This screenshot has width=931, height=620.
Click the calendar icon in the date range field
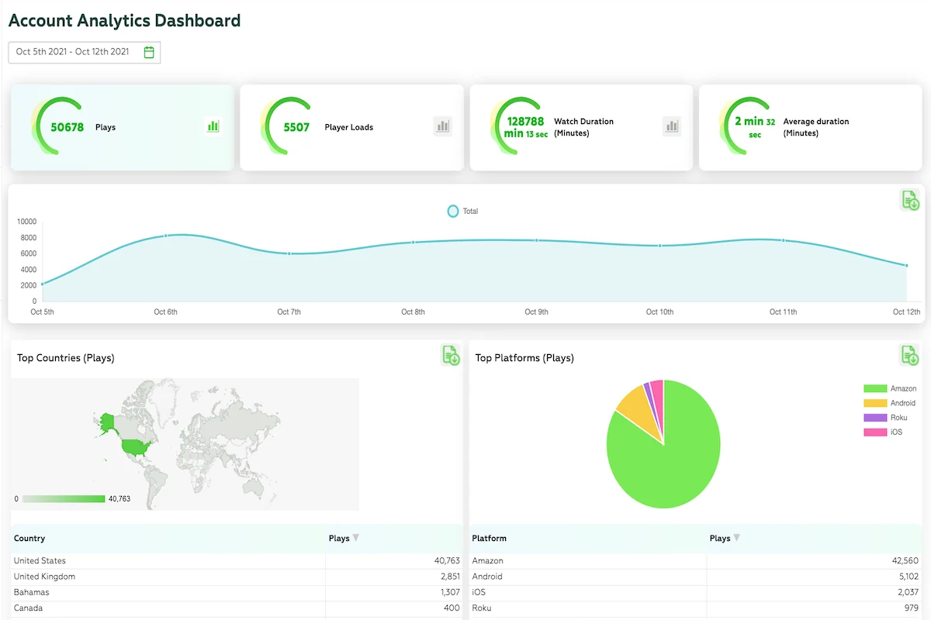[149, 53]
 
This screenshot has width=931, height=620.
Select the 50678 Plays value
[67, 127]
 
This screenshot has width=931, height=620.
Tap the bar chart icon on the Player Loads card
[443, 126]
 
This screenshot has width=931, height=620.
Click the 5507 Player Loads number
[296, 127]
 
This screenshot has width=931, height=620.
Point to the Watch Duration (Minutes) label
[583, 127]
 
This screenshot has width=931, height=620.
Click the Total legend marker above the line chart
[452, 211]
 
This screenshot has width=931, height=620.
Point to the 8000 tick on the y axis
[28, 237]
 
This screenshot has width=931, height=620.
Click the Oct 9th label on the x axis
[536, 312]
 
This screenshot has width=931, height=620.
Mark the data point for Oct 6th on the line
[166, 236]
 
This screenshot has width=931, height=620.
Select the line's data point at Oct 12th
[906, 265]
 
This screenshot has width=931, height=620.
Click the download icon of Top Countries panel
[451, 356]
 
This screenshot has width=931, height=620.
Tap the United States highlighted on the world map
[135, 447]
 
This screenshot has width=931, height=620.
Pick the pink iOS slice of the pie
[658, 398]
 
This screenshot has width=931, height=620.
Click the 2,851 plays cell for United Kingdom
[450, 577]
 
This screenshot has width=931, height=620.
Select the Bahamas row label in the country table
[31, 592]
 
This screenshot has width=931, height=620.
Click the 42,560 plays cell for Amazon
[905, 560]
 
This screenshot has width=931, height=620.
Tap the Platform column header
[489, 538]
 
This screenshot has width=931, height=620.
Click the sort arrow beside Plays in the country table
[356, 538]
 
